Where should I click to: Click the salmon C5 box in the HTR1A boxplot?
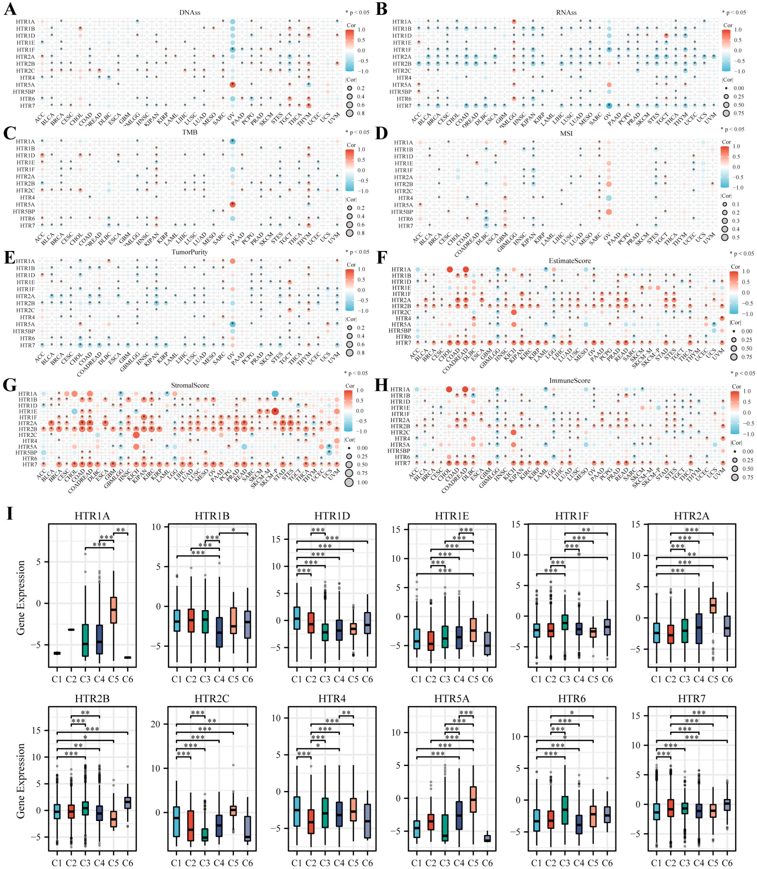tap(113, 610)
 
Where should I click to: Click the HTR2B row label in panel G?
tap(28, 429)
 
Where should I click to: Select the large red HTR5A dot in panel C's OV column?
tap(232, 204)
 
